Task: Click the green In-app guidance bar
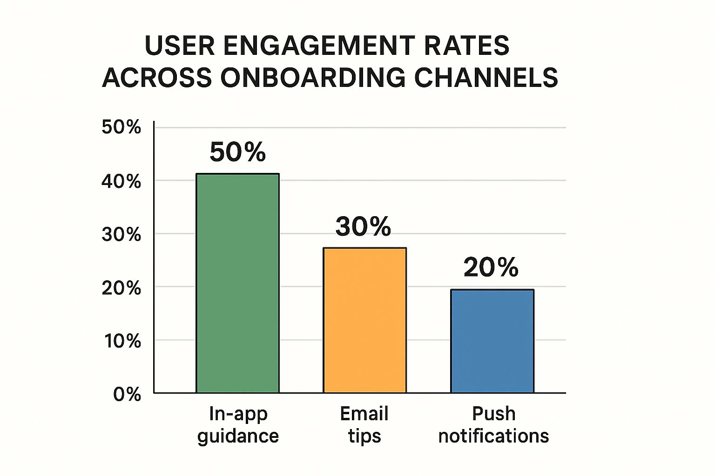[x=237, y=283]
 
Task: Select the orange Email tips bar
[x=364, y=320]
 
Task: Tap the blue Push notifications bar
[x=492, y=341]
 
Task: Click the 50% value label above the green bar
[x=237, y=152]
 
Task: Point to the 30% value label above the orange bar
[x=363, y=226]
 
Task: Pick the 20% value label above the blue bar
[x=491, y=268]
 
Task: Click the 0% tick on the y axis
[x=127, y=395]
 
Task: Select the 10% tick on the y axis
[x=122, y=341]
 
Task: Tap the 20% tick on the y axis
[x=121, y=288]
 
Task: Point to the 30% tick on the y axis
[x=121, y=235]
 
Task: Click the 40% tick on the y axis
[x=121, y=181]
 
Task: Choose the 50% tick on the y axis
[x=121, y=127]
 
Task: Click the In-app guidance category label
[x=238, y=425]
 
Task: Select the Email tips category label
[x=364, y=425]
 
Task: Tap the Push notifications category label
[x=493, y=425]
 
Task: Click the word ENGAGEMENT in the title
[x=319, y=46]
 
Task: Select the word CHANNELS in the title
[x=486, y=77]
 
